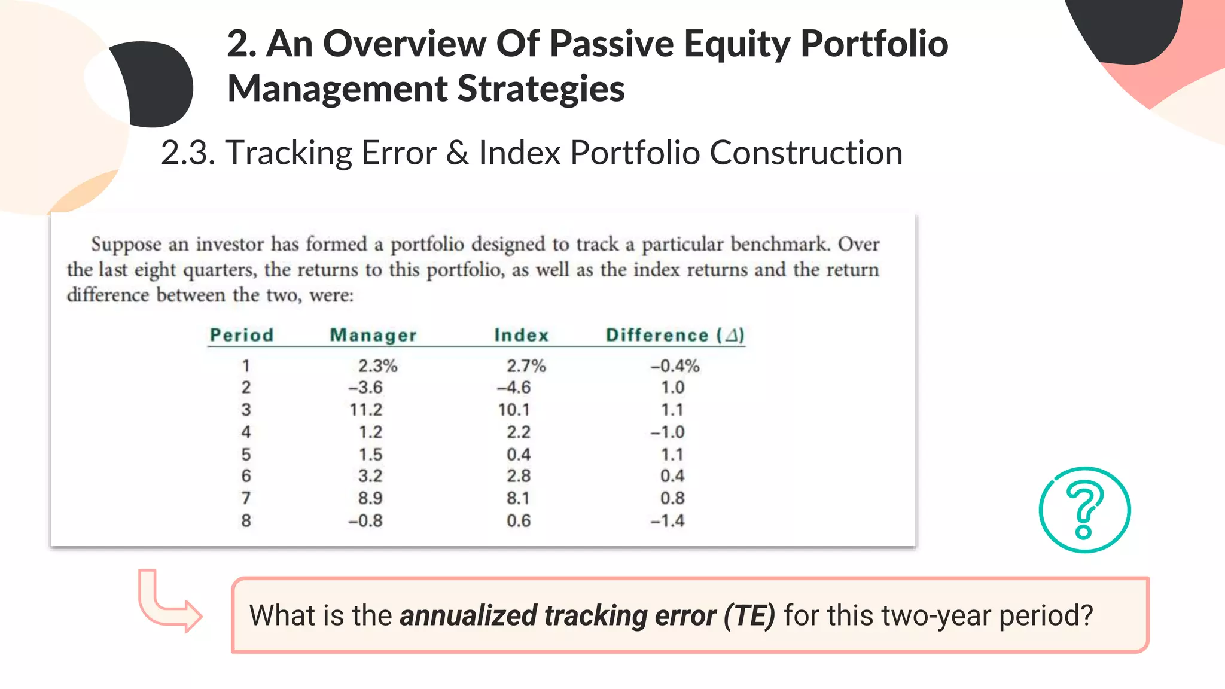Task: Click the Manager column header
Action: [x=373, y=336]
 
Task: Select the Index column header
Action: [x=522, y=336]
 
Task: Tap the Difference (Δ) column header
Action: [x=675, y=336]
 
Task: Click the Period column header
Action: [x=242, y=336]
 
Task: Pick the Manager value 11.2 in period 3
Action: [x=366, y=410]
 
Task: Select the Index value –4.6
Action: [x=514, y=388]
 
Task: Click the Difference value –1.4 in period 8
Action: [x=668, y=521]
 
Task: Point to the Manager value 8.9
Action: [x=370, y=498]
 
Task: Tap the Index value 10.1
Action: [x=514, y=410]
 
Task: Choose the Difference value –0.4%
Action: [x=675, y=366]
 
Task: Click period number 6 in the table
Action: [x=246, y=476]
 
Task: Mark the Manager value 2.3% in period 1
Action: [x=377, y=366]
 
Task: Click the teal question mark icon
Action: [x=1084, y=510]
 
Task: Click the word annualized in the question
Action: [x=468, y=616]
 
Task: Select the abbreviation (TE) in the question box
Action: [x=749, y=616]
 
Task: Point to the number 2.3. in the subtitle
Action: [x=188, y=153]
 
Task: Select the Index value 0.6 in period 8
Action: [x=519, y=521]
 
